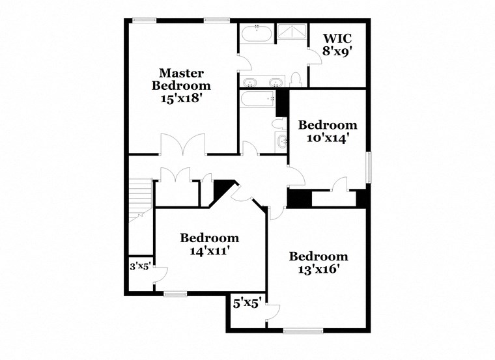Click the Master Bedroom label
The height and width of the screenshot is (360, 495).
(181, 79)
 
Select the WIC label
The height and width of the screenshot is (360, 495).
(338, 37)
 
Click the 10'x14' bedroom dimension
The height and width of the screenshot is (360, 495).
(328, 137)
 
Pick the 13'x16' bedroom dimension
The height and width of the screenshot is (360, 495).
(318, 268)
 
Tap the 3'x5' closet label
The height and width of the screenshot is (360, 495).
(139, 266)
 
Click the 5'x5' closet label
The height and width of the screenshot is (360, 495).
(247, 303)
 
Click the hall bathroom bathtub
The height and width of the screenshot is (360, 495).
(259, 100)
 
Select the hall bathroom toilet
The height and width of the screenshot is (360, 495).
(278, 123)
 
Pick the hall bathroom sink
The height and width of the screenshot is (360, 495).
(282, 140)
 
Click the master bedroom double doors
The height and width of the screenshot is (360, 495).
(184, 145)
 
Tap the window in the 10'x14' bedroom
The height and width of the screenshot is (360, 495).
(368, 168)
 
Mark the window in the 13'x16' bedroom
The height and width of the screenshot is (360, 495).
(303, 331)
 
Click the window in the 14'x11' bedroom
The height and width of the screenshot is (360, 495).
(175, 294)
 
